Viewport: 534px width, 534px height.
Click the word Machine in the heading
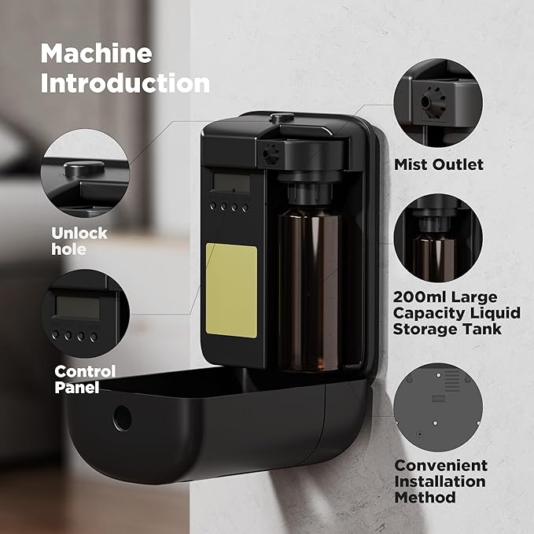pos(96,53)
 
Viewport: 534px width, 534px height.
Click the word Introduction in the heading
pos(125,83)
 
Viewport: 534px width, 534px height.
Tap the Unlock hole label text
pos(79,241)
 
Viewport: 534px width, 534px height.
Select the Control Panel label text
pos(84,378)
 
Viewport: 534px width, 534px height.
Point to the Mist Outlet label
pos(439,164)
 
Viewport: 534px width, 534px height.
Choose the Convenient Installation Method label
pos(440,481)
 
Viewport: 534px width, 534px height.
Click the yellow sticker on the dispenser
pos(230,290)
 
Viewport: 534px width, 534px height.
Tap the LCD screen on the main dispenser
pos(231,184)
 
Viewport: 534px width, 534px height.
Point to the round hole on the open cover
pos(123,418)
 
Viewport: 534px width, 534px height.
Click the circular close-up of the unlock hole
pos(86,175)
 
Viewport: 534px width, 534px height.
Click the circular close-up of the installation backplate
pos(437,407)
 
